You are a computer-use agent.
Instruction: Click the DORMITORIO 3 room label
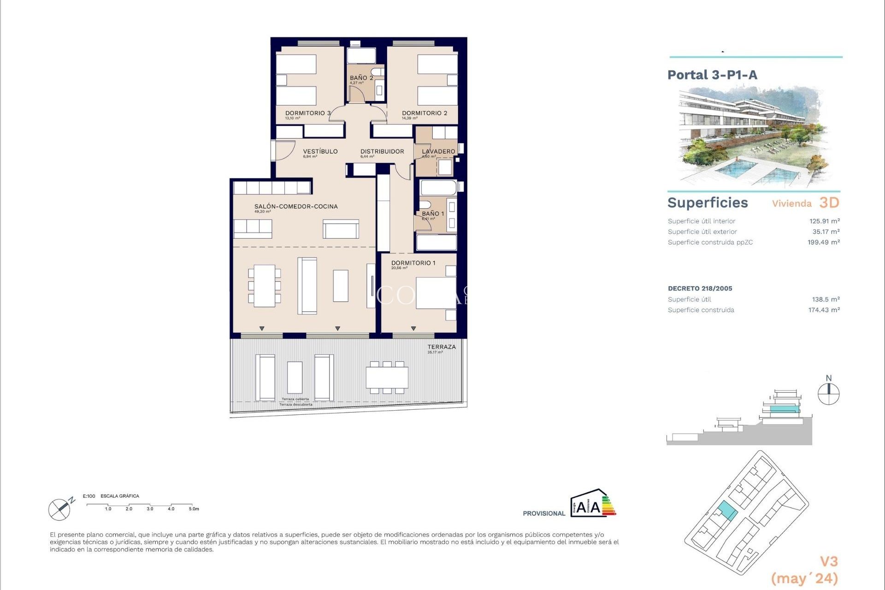(x=307, y=113)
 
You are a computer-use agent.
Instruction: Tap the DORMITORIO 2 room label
(x=424, y=113)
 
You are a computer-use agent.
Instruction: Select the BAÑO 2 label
(x=361, y=78)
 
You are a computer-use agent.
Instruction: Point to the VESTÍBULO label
(x=320, y=151)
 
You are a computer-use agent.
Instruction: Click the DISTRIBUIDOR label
(x=382, y=151)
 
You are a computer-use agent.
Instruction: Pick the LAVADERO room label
(x=438, y=151)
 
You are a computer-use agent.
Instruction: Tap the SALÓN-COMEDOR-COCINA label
(x=296, y=206)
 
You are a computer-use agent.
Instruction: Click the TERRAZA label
(x=441, y=347)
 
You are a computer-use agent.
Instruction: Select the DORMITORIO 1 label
(x=413, y=263)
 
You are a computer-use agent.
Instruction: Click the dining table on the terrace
(x=387, y=378)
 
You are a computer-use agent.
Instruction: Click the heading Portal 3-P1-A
(x=712, y=75)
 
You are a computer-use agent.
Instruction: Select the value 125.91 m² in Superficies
(x=824, y=221)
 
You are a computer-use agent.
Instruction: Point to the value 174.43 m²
(x=824, y=310)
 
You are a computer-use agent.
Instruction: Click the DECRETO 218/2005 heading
(x=700, y=289)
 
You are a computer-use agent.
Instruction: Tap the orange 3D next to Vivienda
(x=829, y=203)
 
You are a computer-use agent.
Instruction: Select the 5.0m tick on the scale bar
(x=194, y=509)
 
